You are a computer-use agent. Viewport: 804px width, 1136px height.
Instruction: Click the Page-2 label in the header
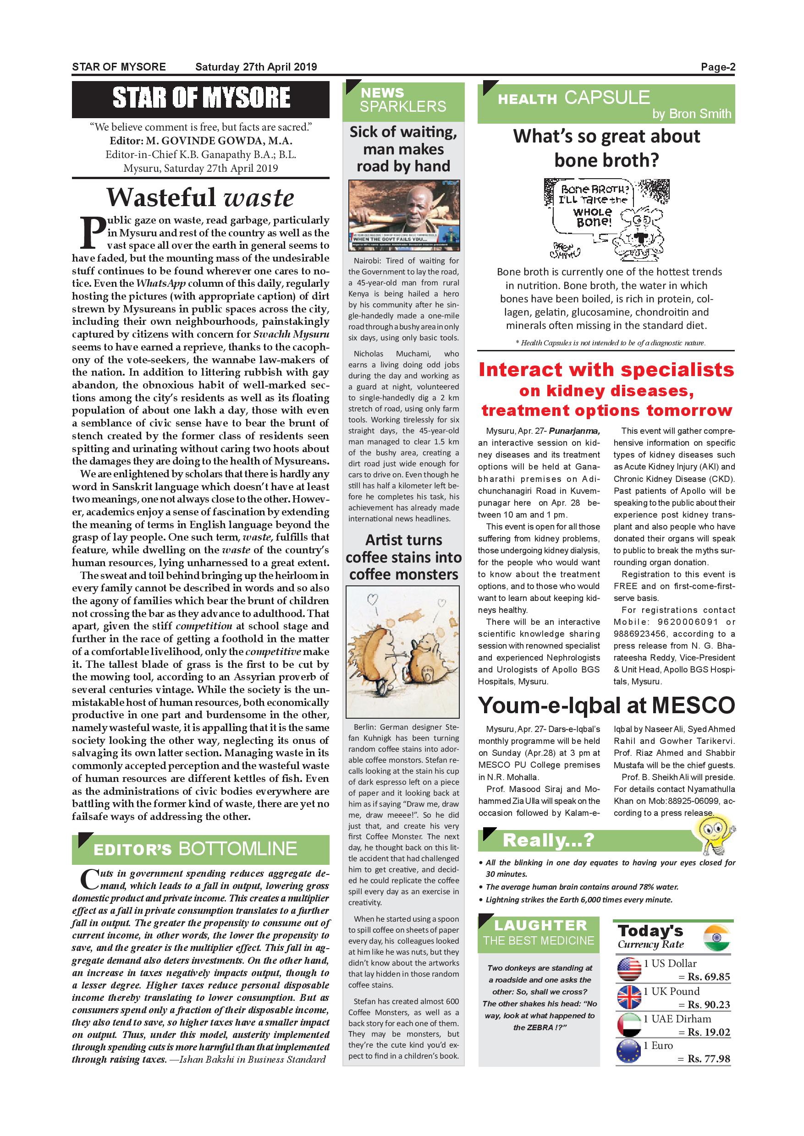(717, 67)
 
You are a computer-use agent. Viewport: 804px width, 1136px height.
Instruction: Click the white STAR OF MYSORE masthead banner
(200, 98)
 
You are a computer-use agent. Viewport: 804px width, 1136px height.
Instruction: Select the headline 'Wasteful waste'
(200, 197)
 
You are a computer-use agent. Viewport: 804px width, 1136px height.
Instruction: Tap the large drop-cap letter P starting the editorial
(93, 233)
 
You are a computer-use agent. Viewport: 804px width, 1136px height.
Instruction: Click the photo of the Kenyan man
(403, 215)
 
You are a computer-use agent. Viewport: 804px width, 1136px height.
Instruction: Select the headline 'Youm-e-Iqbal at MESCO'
(606, 705)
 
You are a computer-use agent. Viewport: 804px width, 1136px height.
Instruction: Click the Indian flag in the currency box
(716, 938)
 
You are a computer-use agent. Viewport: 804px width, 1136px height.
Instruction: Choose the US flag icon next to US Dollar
(629, 969)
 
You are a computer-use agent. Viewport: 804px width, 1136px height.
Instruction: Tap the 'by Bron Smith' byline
(691, 115)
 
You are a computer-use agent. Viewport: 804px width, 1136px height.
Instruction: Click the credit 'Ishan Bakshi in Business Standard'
(253, 1060)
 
